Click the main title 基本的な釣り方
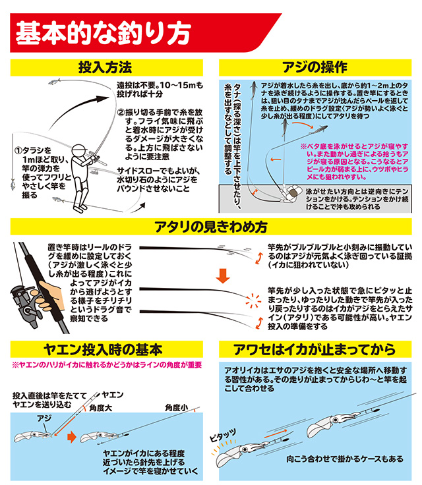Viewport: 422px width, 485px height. pos(103,33)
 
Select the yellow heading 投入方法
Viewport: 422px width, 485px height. pos(105,67)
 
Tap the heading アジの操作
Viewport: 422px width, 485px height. pos(315,67)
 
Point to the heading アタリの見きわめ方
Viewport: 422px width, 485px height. pos(211,227)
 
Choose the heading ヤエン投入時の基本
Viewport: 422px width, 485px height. pos(103,349)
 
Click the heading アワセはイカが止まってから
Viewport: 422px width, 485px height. pos(315,349)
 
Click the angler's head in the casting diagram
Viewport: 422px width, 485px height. pos(79,151)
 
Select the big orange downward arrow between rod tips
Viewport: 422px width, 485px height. pos(223,276)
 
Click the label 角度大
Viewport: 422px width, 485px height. pos(100,408)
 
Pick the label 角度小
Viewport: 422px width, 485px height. pos(177,408)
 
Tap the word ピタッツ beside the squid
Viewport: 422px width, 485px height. pos(223,436)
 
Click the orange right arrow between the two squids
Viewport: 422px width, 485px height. pos(72,437)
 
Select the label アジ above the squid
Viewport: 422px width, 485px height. pos(44,418)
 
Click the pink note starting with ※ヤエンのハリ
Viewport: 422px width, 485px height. pos(107,365)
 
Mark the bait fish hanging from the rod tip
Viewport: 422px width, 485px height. pos(13,184)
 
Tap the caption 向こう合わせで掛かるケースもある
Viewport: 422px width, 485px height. pos(345,459)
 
